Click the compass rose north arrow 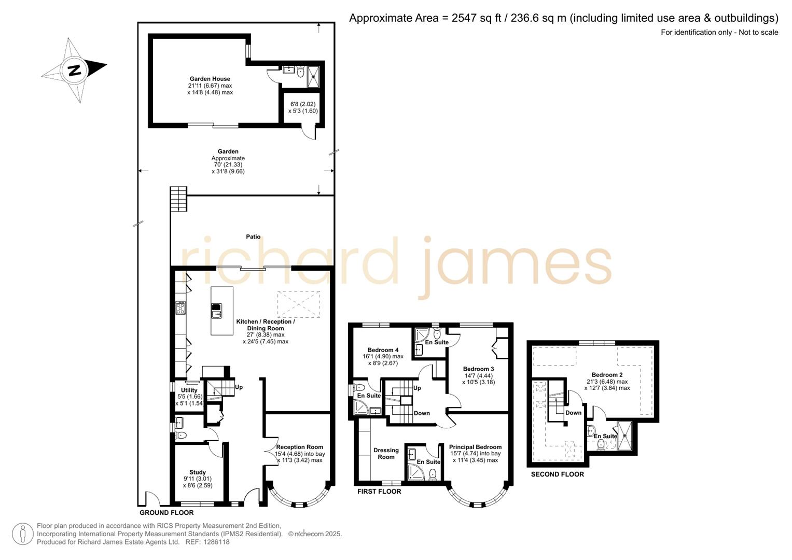(75, 70)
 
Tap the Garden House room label (210, 79)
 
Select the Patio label (253, 237)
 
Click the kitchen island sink (216, 311)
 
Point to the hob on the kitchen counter (180, 308)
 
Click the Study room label (198, 472)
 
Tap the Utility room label (189, 390)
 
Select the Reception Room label (299, 447)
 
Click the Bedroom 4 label (383, 350)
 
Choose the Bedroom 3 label (478, 369)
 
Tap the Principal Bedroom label (475, 447)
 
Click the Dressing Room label (386, 454)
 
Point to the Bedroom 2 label (607, 375)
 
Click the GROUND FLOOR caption (166, 513)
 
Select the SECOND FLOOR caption (557, 474)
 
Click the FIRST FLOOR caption (379, 492)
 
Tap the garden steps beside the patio (178, 199)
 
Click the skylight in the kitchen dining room (299, 304)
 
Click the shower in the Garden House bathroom (314, 77)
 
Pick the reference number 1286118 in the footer (214, 542)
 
